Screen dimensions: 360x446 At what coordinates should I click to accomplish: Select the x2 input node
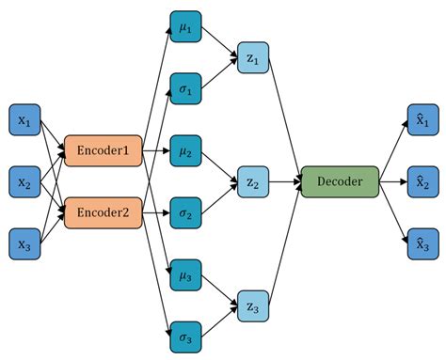point(24,180)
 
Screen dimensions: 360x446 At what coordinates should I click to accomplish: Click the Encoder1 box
point(103,149)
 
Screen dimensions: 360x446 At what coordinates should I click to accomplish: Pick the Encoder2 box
point(103,212)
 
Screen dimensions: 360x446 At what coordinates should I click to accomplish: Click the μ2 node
point(184,149)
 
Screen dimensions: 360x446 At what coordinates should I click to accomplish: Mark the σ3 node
point(184,336)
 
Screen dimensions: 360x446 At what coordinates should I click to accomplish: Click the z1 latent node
point(251,57)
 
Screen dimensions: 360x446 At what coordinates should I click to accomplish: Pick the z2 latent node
point(251,181)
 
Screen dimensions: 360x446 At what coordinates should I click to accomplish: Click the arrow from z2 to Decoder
point(283,181)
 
